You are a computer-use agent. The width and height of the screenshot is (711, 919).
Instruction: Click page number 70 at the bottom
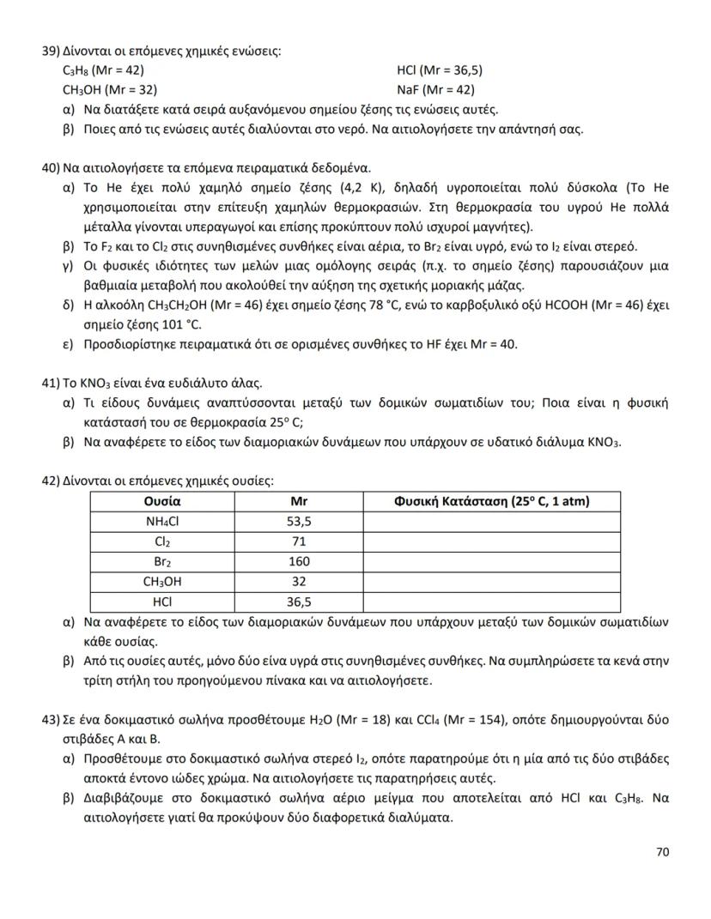tap(661, 852)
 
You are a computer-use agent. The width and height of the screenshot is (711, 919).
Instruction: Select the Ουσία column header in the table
tap(161, 501)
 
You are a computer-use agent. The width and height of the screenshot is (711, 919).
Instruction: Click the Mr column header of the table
tap(299, 501)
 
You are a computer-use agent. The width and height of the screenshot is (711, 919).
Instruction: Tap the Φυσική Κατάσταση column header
tap(491, 501)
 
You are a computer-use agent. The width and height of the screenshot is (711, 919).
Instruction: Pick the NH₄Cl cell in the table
tap(161, 521)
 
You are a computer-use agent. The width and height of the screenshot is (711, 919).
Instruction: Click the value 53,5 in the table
tap(299, 521)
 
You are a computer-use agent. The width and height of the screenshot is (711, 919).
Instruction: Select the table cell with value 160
tap(299, 562)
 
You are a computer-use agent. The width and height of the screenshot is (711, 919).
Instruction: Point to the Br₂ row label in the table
tap(161, 562)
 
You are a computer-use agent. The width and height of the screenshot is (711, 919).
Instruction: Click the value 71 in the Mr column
tap(299, 541)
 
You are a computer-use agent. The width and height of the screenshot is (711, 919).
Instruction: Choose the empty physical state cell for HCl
tap(491, 602)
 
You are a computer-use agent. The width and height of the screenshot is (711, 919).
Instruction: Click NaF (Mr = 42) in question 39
tap(435, 89)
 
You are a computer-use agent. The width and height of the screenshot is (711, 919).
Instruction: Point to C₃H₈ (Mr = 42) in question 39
tap(102, 70)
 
